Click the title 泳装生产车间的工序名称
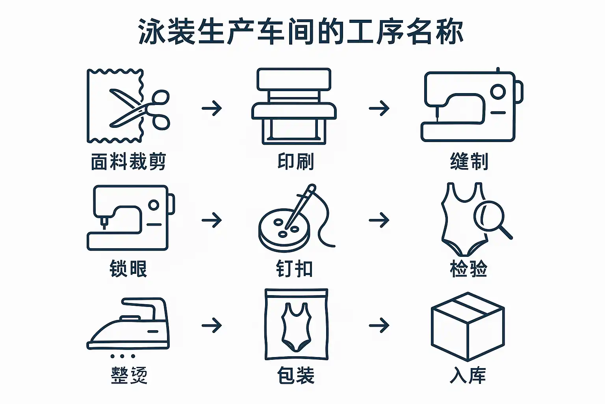(301, 32)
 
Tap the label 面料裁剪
(128, 161)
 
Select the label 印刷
(295, 161)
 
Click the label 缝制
(469, 161)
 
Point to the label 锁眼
(128, 269)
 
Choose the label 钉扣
(294, 269)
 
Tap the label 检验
(469, 269)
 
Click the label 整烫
(129, 375)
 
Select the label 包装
(296, 375)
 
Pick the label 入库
(468, 375)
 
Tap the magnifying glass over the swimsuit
(489, 216)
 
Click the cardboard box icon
(468, 327)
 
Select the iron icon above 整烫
(128, 328)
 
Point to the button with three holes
(284, 230)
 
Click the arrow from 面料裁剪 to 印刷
(212, 108)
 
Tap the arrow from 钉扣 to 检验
(379, 220)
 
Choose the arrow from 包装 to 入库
(379, 325)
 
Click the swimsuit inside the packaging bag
(296, 327)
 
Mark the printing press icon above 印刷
(294, 106)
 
